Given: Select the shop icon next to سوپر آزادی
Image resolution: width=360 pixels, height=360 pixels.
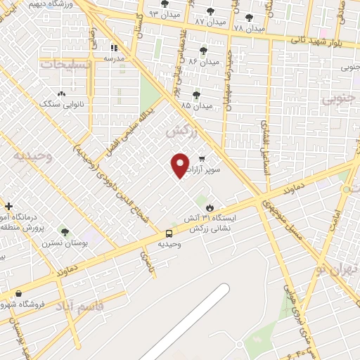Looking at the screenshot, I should click(x=202, y=159).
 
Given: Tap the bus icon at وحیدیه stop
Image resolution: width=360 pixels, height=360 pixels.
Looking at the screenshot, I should click(x=169, y=233).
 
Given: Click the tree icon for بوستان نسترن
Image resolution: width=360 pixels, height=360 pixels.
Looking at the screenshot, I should click(x=65, y=231).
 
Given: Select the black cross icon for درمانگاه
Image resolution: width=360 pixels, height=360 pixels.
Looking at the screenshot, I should click(x=8, y=207).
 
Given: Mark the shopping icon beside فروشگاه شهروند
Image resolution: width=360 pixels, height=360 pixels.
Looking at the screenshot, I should click(x=18, y=293).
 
